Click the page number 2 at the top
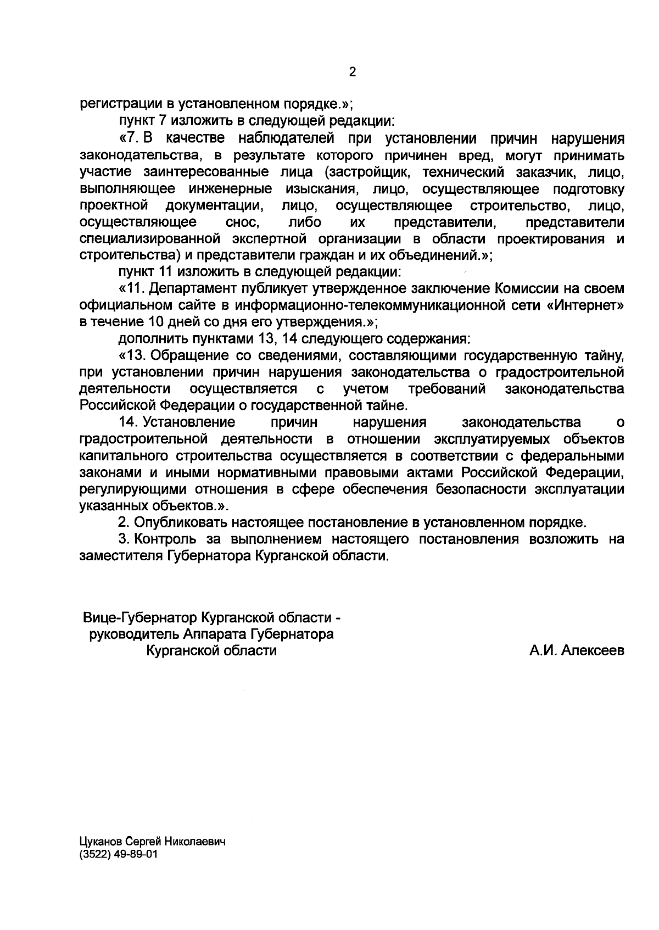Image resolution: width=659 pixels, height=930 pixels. coord(353,72)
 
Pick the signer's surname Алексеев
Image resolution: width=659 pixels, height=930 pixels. coord(593,651)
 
